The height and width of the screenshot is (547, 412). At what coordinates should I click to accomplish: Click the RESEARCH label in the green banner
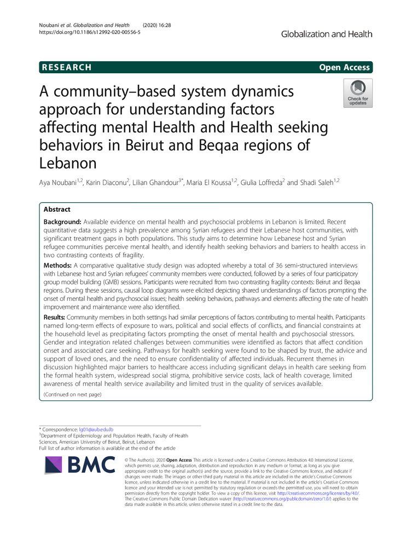65,67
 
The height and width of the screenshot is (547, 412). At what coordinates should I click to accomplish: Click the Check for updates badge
358,93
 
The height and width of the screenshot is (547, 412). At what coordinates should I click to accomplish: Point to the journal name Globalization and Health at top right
327,34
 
